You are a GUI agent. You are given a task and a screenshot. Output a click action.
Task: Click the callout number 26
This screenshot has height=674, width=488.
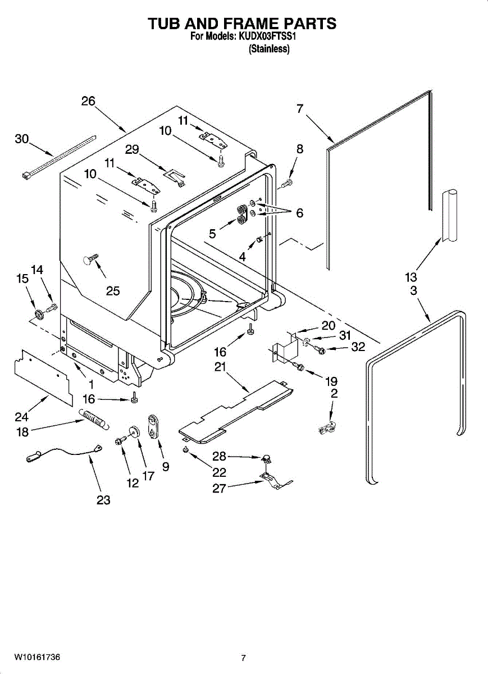(88, 101)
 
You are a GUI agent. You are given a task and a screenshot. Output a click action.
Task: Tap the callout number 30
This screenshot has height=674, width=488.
(22, 139)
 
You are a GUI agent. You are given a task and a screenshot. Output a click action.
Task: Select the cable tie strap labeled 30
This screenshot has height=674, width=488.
(59, 157)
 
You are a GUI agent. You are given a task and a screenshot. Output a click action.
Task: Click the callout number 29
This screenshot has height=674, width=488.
(132, 149)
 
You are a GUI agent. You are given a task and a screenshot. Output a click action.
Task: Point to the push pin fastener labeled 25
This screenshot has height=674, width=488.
(90, 259)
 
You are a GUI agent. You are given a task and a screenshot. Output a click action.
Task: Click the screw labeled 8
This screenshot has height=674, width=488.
(288, 183)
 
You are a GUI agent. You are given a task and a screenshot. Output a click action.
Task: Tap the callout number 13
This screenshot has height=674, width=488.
(411, 277)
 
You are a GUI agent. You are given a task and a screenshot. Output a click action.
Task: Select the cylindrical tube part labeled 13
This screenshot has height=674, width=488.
(449, 215)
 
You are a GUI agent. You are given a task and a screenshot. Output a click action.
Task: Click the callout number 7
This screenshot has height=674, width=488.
(300, 108)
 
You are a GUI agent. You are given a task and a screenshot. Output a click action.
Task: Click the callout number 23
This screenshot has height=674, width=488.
(103, 500)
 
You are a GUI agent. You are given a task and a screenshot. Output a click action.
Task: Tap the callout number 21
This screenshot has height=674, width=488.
(220, 366)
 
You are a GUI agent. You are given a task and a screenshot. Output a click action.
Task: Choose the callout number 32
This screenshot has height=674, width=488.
(358, 347)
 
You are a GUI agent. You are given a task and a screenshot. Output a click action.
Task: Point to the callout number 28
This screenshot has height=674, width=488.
(219, 457)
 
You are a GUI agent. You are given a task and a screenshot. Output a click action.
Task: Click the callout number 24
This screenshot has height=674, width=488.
(22, 417)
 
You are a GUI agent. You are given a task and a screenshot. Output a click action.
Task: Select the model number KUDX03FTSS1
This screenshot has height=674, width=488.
(267, 37)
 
